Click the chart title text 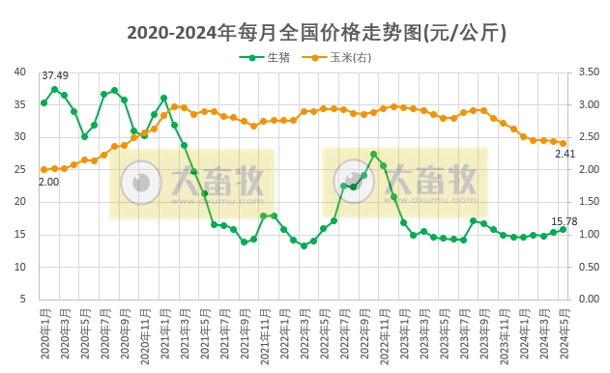tap(317, 33)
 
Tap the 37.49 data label tap(55, 75)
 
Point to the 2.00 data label tap(48, 182)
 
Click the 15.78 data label tap(565, 220)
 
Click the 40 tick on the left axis tap(20, 72)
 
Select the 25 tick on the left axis tap(20, 169)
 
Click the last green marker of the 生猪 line tap(563, 229)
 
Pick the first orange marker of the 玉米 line tap(44, 169)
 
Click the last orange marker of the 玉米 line tap(563, 143)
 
